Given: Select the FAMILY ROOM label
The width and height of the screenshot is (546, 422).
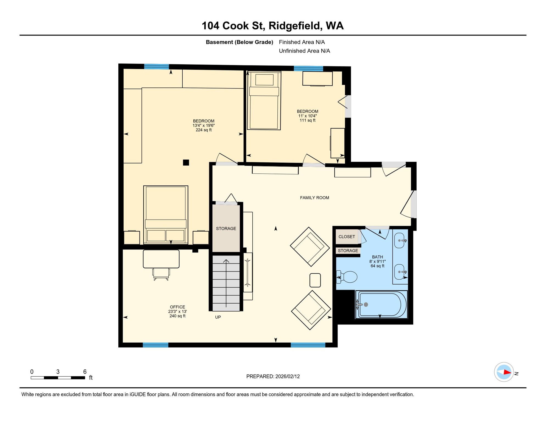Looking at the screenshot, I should tap(314, 198).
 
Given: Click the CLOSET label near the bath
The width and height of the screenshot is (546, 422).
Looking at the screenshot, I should tap(347, 237).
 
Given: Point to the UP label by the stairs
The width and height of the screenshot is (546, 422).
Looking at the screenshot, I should tap(218, 317).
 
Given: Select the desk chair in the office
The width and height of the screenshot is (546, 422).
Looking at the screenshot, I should tap(161, 274).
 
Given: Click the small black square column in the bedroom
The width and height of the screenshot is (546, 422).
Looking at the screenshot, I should tap(186, 162).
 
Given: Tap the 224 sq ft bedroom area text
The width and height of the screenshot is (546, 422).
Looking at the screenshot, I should tap(204, 130).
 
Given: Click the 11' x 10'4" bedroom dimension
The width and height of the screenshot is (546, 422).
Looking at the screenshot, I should tap(307, 116).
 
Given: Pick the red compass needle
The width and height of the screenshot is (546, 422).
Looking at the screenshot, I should tap(507, 372).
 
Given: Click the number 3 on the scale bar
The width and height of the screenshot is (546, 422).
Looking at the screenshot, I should tap(58, 371).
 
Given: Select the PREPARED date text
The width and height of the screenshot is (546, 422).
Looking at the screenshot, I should tap(273, 376).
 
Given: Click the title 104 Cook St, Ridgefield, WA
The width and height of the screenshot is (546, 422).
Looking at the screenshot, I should tap(272, 26).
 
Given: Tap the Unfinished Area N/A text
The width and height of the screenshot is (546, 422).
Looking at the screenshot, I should tap(304, 51).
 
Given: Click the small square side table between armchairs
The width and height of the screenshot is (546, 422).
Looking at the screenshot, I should tap(315, 280).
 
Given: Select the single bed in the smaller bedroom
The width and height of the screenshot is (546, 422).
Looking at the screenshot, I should tap(264, 101).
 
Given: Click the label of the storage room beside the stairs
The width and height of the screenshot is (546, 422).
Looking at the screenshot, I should tap(226, 228).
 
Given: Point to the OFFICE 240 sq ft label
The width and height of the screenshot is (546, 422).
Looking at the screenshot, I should tap(177, 311).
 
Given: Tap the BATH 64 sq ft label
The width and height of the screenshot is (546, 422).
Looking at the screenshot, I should tap(377, 261).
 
